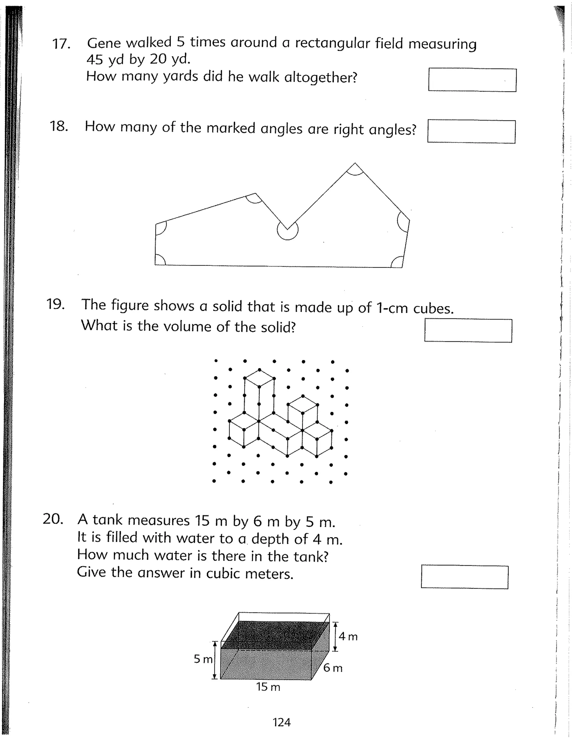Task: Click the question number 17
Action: click(61, 44)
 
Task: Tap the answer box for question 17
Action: click(472, 80)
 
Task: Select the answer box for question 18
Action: click(471, 132)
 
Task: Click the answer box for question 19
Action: click(468, 330)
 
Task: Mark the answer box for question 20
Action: click(464, 577)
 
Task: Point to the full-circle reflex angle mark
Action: click(287, 230)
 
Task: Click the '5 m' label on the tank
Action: click(203, 659)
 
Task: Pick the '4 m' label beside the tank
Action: click(348, 636)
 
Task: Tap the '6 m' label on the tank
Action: click(333, 668)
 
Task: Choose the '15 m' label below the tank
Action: click(268, 687)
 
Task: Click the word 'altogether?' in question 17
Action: click(321, 78)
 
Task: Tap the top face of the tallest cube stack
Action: click(259, 378)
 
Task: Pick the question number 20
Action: click(53, 519)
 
